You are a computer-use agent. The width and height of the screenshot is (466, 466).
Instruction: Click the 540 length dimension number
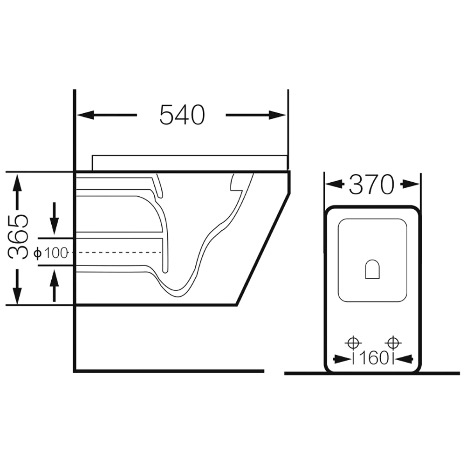click(x=182, y=115)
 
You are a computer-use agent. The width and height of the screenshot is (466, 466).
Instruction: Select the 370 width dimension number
click(x=371, y=185)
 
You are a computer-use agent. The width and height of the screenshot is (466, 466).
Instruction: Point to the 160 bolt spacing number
click(x=373, y=358)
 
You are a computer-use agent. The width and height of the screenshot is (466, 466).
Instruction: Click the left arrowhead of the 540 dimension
click(x=86, y=115)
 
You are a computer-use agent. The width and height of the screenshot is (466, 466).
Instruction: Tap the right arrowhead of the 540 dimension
click(x=277, y=115)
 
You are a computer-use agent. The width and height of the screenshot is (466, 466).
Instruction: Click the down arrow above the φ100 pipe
click(x=54, y=219)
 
